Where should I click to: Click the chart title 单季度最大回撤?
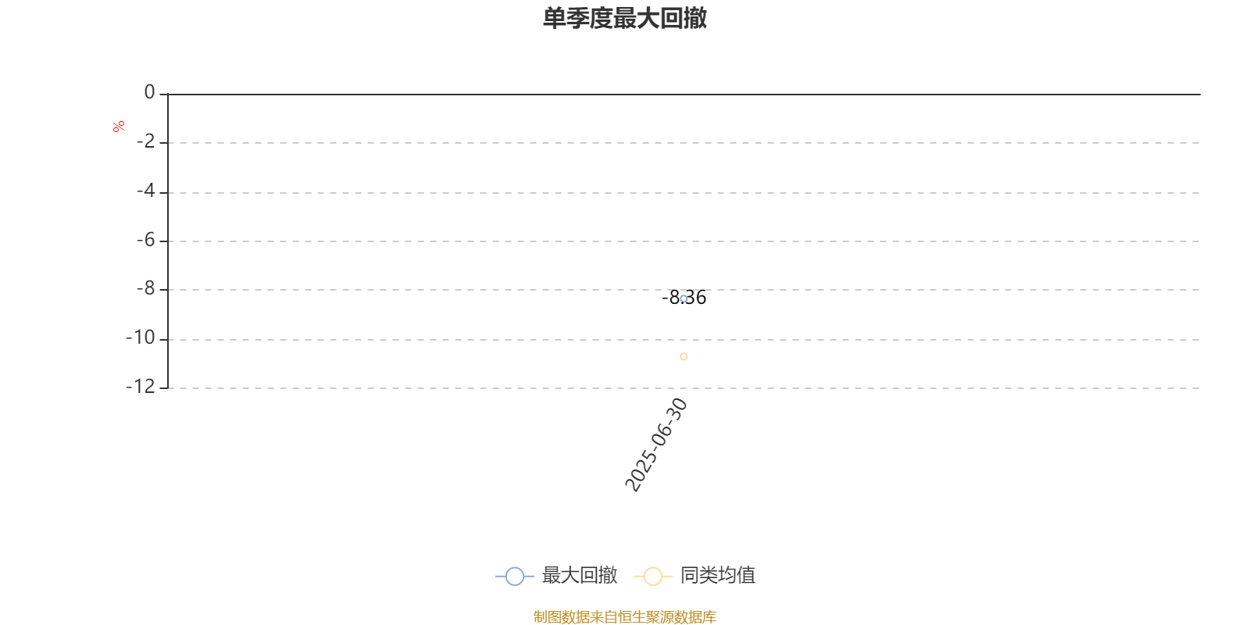[625, 18]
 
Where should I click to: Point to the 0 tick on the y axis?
[149, 93]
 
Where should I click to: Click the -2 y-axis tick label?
[146, 142]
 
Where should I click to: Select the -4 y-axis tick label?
[146, 191]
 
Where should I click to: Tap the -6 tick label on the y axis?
[146, 241]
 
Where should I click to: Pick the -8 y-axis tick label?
[146, 289]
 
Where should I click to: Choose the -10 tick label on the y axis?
[141, 338]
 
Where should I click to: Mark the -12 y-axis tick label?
[141, 387]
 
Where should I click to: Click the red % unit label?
[119, 127]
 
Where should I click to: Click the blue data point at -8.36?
[684, 298]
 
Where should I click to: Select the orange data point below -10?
[684, 356]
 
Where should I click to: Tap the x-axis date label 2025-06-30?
[656, 445]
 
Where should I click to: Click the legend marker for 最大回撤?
[514, 577]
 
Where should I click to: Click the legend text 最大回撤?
[579, 576]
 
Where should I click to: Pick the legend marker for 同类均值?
[652, 577]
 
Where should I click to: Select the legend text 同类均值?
[717, 576]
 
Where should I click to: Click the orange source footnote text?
[625, 617]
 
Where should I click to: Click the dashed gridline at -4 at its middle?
[684, 192]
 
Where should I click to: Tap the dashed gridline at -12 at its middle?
[684, 387]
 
